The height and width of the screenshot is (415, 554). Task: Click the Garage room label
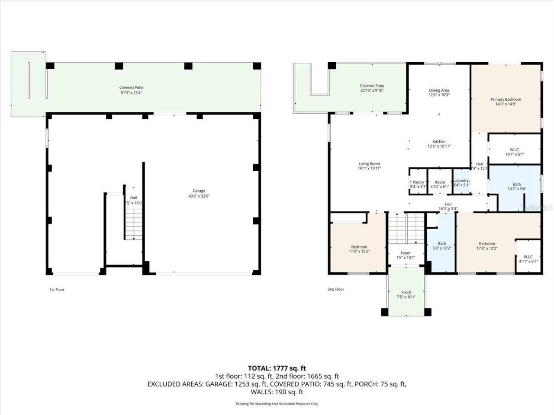[199, 193]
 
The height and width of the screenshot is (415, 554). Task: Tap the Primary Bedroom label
[506, 102]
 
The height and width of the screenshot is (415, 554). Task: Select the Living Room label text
[369, 166]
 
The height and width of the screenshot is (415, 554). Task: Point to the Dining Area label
[439, 93]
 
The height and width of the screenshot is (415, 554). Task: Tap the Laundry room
[461, 183]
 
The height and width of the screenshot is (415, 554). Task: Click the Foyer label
[406, 255]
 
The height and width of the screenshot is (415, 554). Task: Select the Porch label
[406, 295]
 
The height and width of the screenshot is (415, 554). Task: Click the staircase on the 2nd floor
[406, 229]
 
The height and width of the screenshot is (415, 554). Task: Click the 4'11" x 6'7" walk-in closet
[528, 259]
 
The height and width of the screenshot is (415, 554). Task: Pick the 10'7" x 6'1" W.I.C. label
[515, 152]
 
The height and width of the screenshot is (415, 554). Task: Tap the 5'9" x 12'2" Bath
[441, 246]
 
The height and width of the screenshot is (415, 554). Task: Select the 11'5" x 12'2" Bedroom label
[359, 249]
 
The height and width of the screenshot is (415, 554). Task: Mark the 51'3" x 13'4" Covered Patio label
[131, 90]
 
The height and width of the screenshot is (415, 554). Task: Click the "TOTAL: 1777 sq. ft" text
[277, 368]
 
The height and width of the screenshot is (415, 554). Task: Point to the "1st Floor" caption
[57, 290]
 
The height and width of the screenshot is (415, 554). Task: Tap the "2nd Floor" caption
[336, 289]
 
